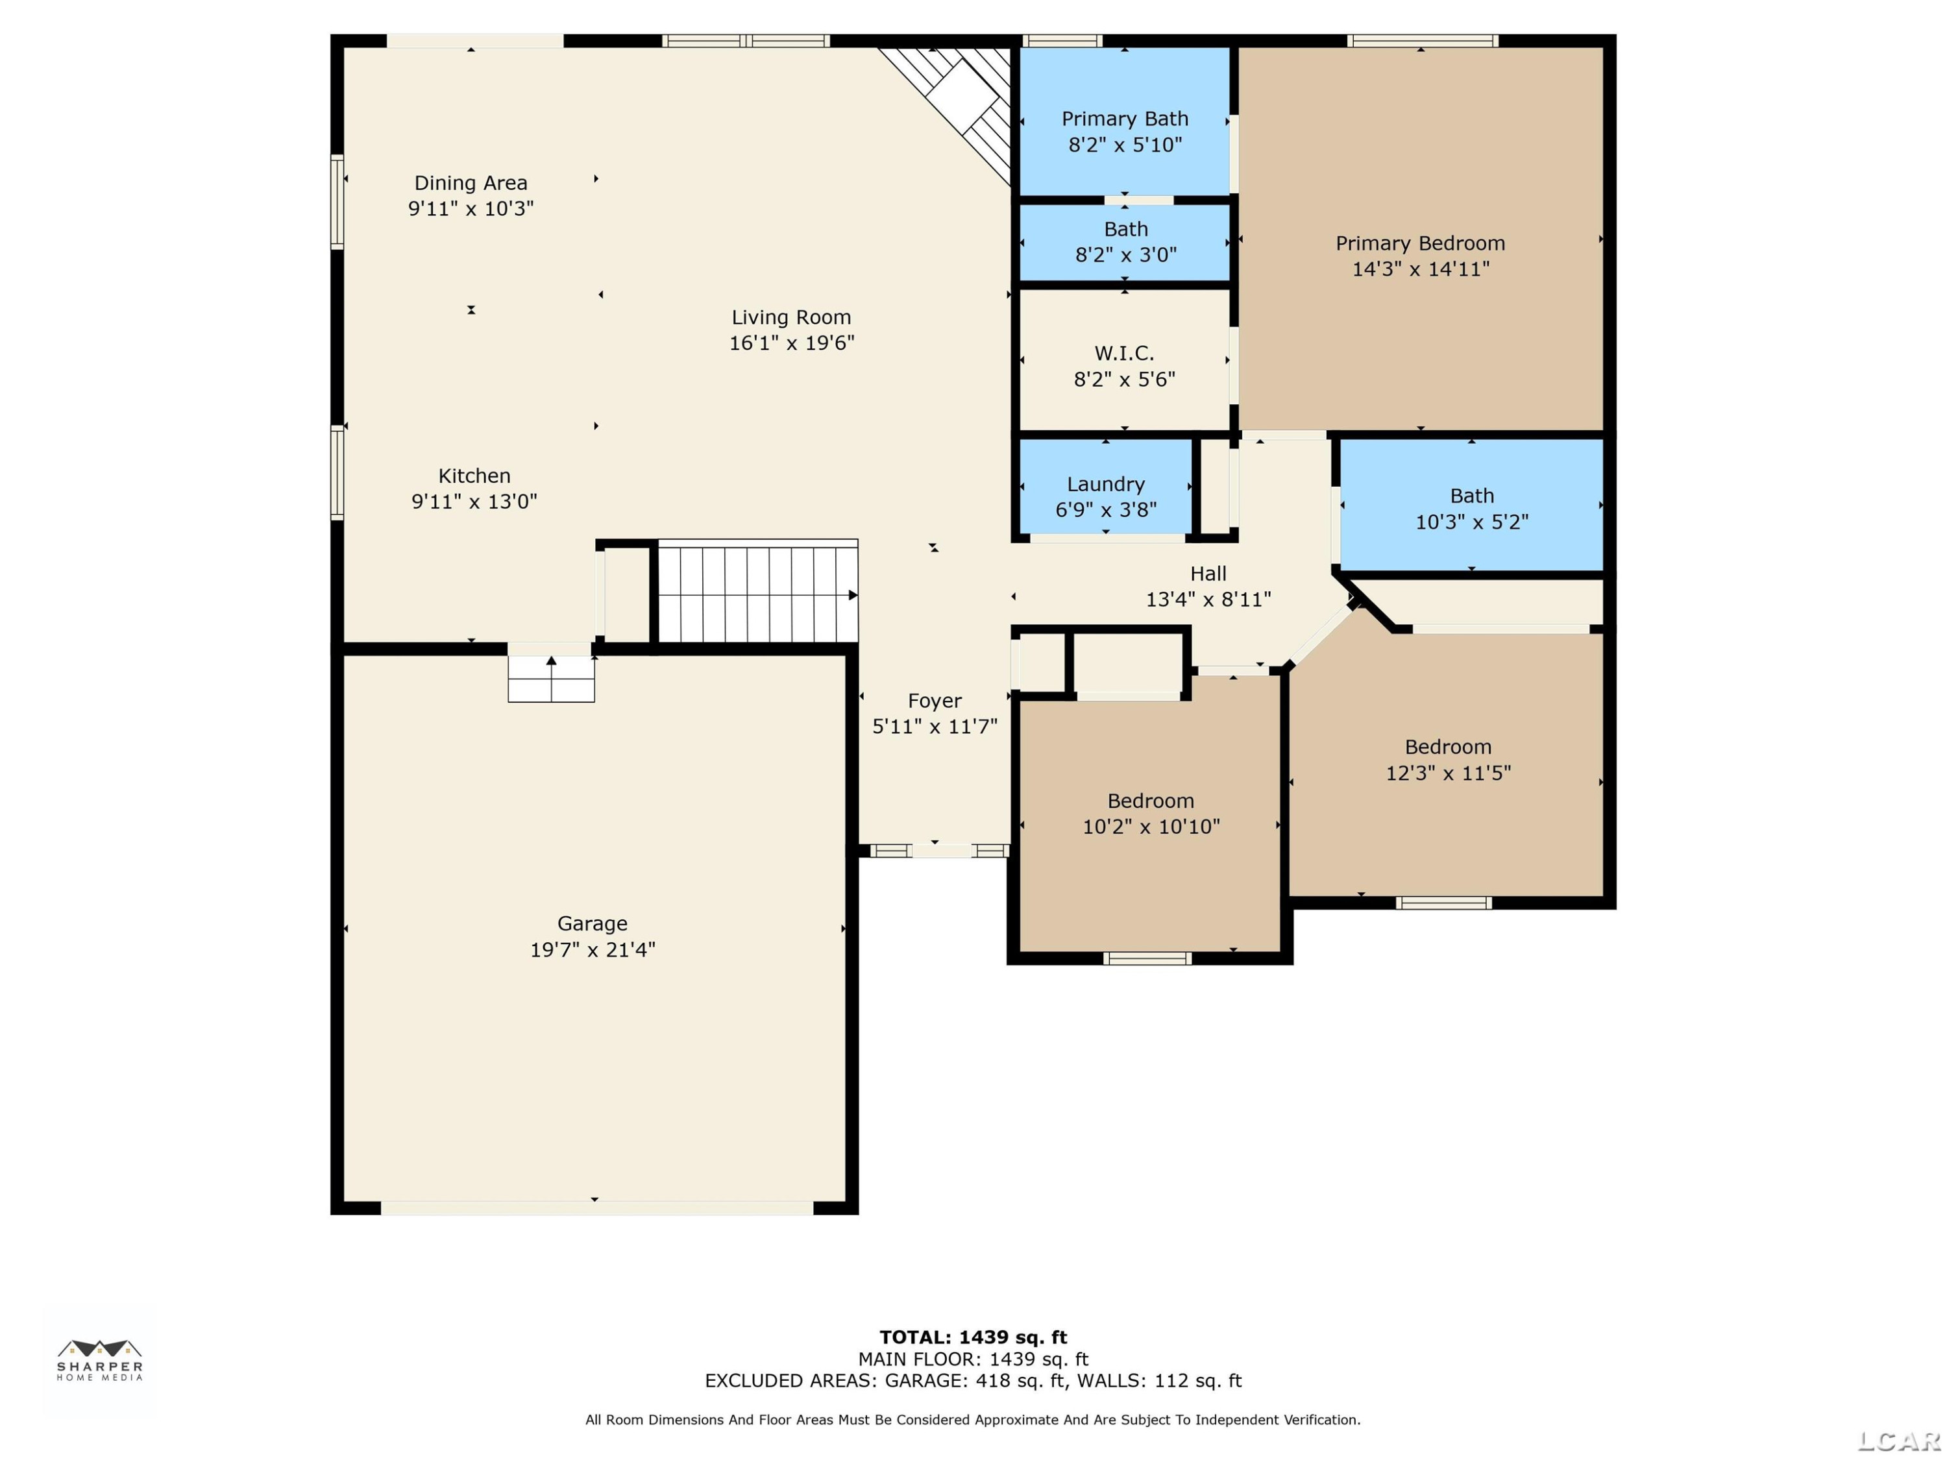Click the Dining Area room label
[471, 183]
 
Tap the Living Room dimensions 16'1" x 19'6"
[791, 343]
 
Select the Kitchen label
[474, 476]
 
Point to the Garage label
[593, 924]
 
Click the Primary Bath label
[1125, 119]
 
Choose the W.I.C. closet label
[1124, 354]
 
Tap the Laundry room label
[1105, 485]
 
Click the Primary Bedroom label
[1420, 244]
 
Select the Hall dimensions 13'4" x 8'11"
[1208, 600]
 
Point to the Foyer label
[935, 701]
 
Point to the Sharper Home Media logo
[99, 1359]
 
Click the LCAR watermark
[1898, 1441]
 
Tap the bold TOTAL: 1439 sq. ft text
[973, 1337]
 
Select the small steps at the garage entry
[551, 679]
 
